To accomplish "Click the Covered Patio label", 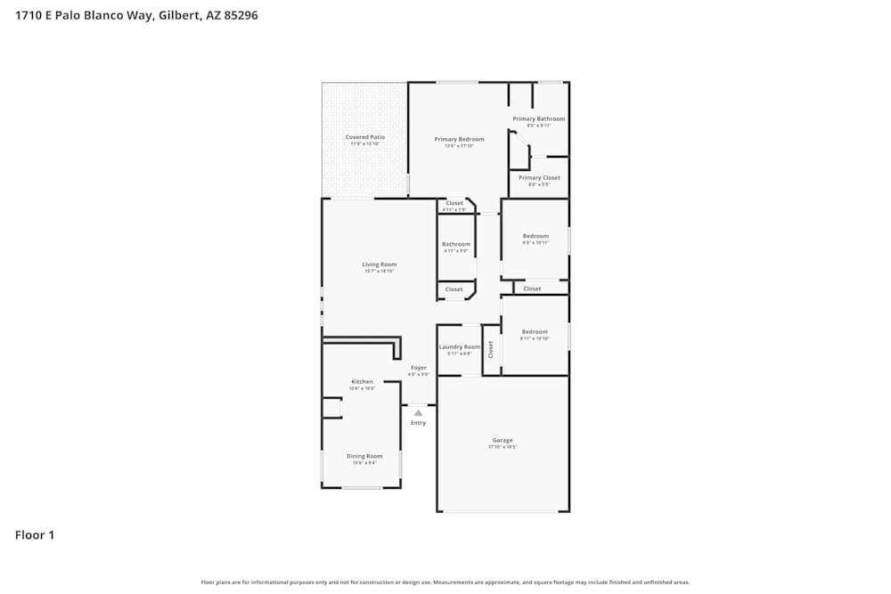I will [365, 137].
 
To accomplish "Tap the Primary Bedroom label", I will [459, 139].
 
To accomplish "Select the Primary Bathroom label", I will [538, 118].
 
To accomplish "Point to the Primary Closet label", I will [538, 177].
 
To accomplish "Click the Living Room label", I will [379, 264].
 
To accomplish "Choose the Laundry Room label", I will [460, 346].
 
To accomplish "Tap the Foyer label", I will [418, 368].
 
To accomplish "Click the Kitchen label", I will [362, 381].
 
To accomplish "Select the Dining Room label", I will [364, 456].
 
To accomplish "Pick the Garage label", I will [503, 440].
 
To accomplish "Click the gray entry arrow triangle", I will [418, 412].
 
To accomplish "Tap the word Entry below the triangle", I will [418, 423].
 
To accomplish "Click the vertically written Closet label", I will [491, 349].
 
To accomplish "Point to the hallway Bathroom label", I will [455, 244].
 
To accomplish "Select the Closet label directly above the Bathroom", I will [454, 203].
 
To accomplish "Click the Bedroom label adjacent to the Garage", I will [535, 331].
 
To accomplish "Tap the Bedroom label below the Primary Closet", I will [535, 236].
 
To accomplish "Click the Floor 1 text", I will [35, 535].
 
